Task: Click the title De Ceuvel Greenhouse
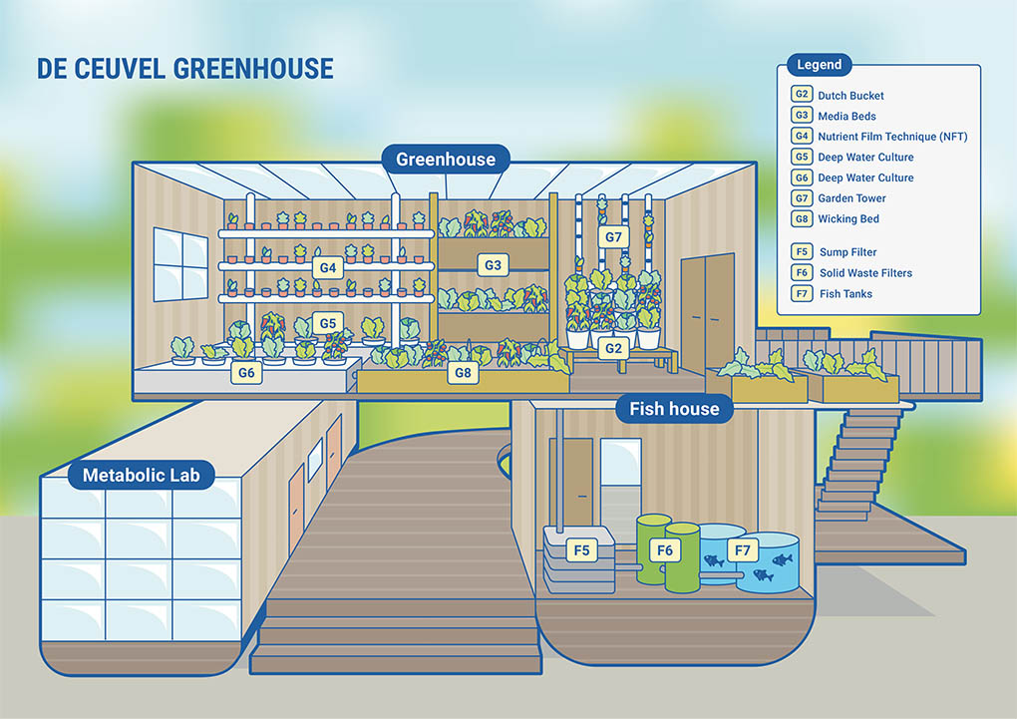click(x=184, y=69)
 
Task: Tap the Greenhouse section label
click(x=446, y=159)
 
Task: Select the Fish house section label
click(x=674, y=409)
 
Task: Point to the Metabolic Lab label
click(x=142, y=475)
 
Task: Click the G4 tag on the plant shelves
click(x=328, y=267)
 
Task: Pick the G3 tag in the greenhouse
click(x=493, y=264)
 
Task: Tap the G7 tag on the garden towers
click(x=613, y=237)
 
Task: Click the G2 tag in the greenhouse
click(x=613, y=348)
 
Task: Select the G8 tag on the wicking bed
click(x=463, y=373)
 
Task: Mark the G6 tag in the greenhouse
click(x=246, y=373)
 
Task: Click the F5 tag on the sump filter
click(x=581, y=550)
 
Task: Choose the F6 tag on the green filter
click(x=665, y=550)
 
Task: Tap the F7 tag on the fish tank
click(x=742, y=550)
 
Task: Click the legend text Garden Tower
click(x=851, y=198)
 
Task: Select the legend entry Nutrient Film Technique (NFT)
click(x=892, y=137)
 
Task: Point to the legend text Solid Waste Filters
click(x=865, y=273)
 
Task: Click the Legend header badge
click(x=820, y=65)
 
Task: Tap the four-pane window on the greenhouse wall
click(x=180, y=264)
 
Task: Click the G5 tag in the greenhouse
click(x=328, y=323)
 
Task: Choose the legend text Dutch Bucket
click(x=850, y=96)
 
